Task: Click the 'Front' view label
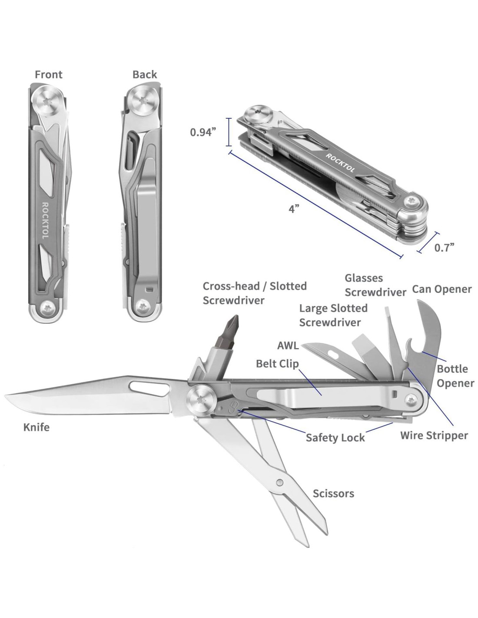click(x=49, y=75)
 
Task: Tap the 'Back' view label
click(x=145, y=75)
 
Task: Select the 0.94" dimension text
click(x=203, y=132)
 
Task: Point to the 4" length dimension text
click(x=294, y=209)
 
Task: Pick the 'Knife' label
click(x=37, y=428)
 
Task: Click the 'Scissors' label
click(x=333, y=494)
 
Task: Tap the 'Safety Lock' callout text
click(x=335, y=438)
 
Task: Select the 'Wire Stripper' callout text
click(x=434, y=435)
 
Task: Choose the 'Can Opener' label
click(x=441, y=289)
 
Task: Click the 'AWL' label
click(x=288, y=346)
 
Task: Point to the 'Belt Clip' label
click(x=277, y=363)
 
